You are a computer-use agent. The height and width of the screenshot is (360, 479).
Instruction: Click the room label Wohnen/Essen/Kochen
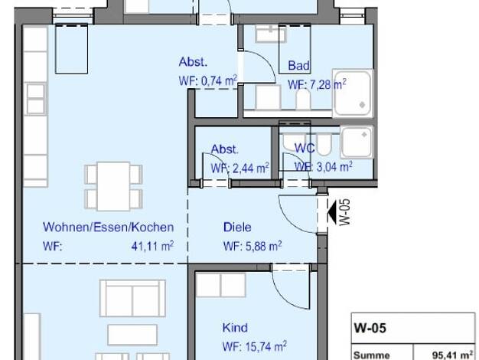click(x=108, y=227)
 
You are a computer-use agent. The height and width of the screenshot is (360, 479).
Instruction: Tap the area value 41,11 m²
click(x=153, y=246)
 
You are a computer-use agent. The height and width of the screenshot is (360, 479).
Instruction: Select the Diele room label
click(x=237, y=227)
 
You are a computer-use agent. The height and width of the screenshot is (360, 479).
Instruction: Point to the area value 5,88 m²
click(x=264, y=246)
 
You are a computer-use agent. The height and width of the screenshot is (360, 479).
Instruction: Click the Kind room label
click(x=235, y=328)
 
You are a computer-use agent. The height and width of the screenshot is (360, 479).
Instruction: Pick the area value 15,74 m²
click(x=266, y=346)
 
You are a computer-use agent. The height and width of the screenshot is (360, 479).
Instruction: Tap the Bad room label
click(x=298, y=65)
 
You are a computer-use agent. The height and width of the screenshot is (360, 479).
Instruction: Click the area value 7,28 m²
click(x=328, y=84)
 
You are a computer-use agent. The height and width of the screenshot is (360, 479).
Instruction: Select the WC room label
click(x=305, y=149)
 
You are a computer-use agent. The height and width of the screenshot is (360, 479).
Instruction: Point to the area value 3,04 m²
click(x=334, y=167)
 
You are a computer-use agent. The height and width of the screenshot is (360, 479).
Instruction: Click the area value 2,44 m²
click(x=251, y=168)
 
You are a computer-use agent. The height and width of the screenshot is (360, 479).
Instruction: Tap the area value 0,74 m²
click(x=219, y=80)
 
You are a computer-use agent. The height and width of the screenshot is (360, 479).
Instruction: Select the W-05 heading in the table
click(x=370, y=328)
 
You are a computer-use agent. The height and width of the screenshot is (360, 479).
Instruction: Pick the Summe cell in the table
click(x=371, y=355)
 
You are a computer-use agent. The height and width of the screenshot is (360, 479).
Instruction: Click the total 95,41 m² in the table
click(x=453, y=355)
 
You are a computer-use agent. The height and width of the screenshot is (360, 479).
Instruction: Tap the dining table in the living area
click(x=113, y=187)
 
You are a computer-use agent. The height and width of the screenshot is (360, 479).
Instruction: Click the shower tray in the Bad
click(x=353, y=93)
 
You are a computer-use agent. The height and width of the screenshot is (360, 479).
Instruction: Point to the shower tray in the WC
click(x=357, y=142)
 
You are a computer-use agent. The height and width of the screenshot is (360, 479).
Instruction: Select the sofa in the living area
click(x=132, y=298)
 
